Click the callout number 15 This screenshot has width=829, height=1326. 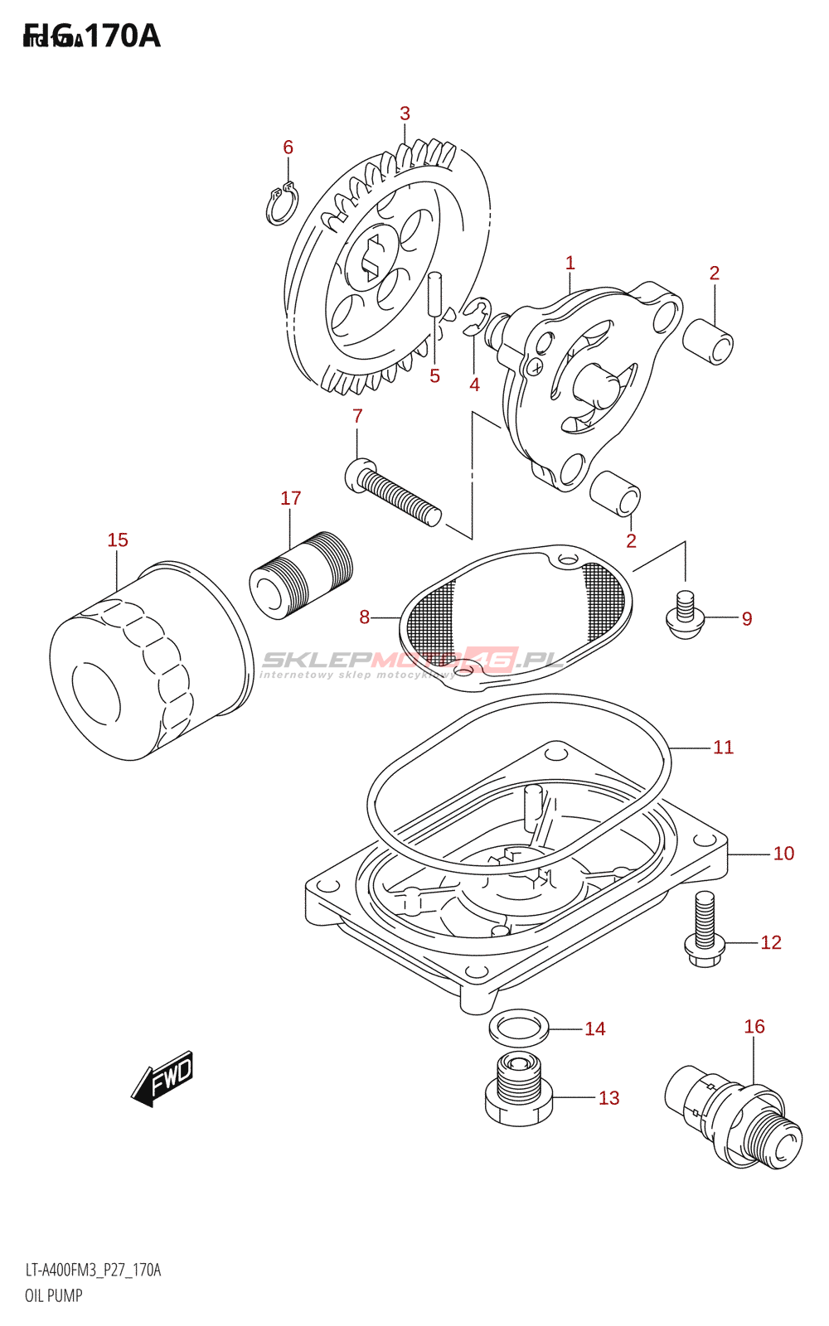tap(118, 540)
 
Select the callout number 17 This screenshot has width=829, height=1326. tap(290, 498)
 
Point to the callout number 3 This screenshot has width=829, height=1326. tap(405, 114)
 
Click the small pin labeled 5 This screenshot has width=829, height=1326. tap(435, 294)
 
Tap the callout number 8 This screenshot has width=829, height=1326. tap(364, 617)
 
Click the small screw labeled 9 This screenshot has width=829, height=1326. tap(685, 617)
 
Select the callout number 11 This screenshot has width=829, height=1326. tap(723, 748)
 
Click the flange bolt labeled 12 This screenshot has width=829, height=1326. tap(705, 932)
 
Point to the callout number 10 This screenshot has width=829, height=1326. tap(783, 854)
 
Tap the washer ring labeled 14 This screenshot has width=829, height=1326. tap(519, 1028)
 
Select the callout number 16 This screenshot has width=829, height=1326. tap(754, 1027)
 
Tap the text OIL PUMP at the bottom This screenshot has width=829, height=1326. tap(54, 1295)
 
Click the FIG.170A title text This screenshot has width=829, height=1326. tap(91, 36)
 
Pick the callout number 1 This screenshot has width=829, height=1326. tap(570, 263)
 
